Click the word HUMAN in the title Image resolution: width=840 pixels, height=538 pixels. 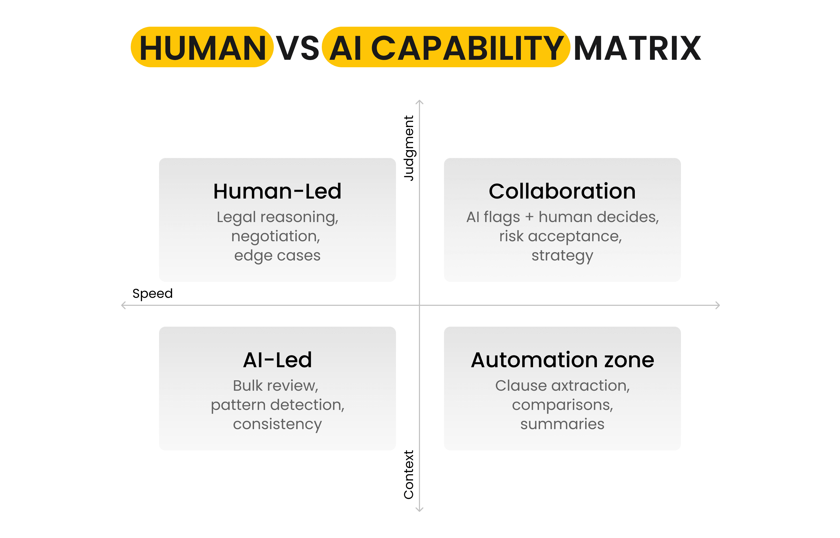click(202, 48)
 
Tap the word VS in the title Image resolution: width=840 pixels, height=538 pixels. click(298, 48)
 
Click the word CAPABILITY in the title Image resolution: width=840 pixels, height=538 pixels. click(467, 48)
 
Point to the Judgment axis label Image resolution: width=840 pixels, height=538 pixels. click(408, 148)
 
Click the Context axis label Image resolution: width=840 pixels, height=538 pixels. click(408, 474)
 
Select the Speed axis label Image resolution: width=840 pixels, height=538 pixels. click(152, 294)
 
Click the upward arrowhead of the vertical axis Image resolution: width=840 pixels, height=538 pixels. click(419, 102)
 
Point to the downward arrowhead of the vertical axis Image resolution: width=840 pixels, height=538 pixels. click(419, 510)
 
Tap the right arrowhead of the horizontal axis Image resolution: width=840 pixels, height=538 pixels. click(718, 305)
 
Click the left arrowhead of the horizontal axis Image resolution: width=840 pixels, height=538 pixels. click(123, 305)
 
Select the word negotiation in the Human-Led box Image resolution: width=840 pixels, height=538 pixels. click(275, 236)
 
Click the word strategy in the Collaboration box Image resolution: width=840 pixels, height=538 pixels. click(562, 256)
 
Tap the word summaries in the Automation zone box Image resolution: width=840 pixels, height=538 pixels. click(562, 424)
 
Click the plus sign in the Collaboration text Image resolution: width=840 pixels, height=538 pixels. click(529, 217)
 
